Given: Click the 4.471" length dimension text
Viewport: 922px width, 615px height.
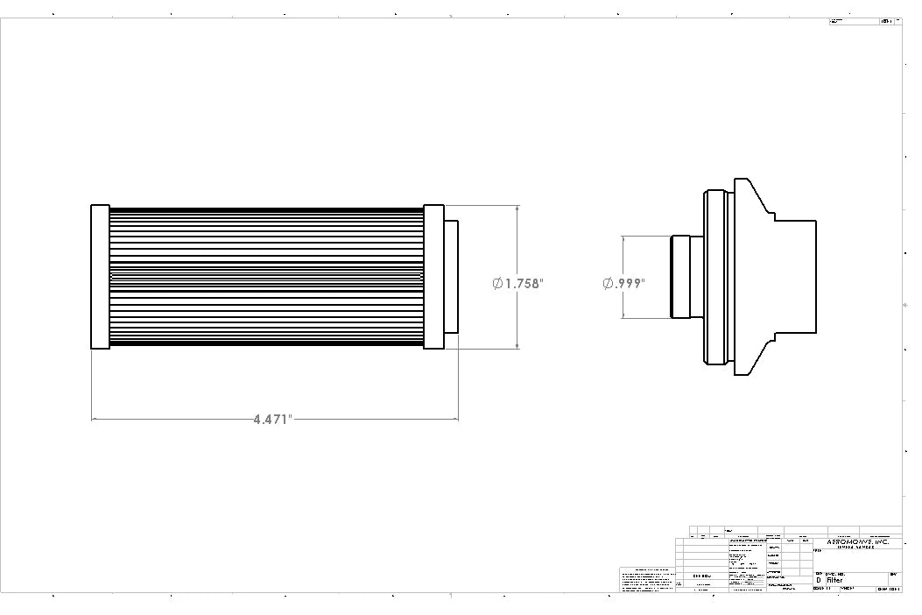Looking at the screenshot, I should point(272,420).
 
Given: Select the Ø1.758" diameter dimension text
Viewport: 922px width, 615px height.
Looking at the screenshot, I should point(518,284).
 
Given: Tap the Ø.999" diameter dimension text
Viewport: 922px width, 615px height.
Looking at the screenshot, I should point(623,284).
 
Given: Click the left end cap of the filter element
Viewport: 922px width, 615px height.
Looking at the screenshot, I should point(100,277).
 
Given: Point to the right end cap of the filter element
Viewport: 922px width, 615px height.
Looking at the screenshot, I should point(434,277).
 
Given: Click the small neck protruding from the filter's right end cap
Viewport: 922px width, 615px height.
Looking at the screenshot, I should point(451,277).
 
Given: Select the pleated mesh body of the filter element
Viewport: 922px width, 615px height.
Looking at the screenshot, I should point(266,277).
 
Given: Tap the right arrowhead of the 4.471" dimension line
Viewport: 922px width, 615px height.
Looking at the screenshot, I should point(454,420).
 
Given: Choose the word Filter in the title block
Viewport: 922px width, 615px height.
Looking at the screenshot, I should point(834,580).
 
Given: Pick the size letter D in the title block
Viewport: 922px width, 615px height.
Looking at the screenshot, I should point(819,580).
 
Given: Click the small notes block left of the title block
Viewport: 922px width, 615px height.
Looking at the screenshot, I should point(648,580).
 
